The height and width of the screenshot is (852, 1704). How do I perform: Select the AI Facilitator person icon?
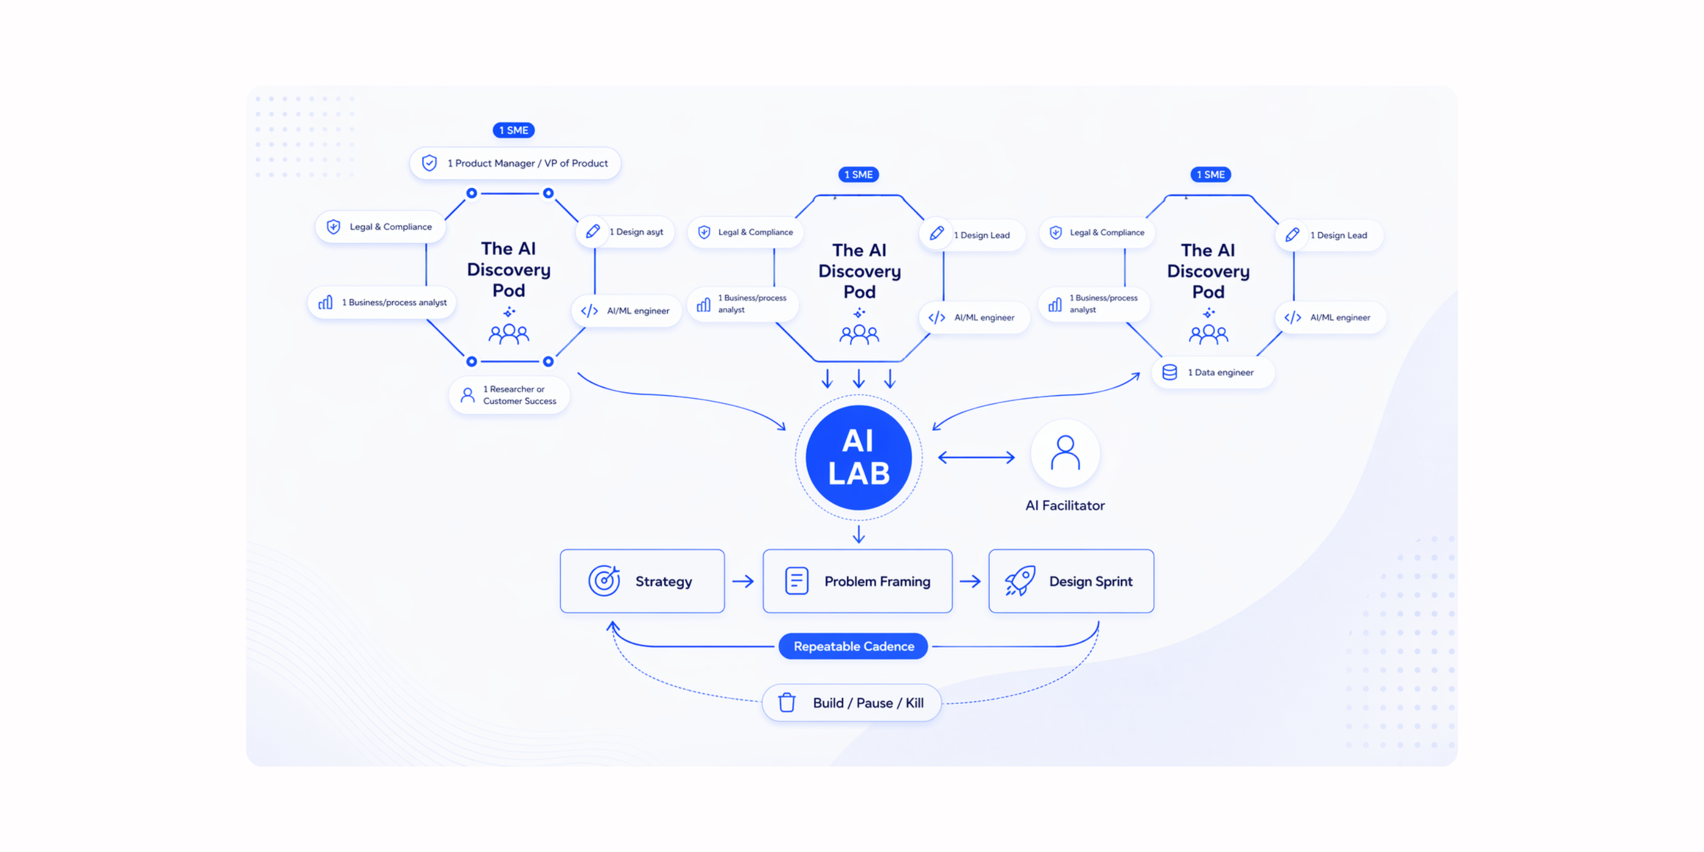click(x=1064, y=453)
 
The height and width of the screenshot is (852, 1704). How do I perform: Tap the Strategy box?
click(x=641, y=581)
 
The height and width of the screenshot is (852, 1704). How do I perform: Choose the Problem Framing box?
click(x=857, y=581)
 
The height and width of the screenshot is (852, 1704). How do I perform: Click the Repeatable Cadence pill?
click(x=853, y=645)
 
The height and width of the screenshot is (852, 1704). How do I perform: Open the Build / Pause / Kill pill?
click(x=851, y=702)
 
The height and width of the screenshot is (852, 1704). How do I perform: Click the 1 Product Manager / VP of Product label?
click(x=515, y=164)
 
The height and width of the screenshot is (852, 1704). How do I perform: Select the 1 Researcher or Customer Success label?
click(x=509, y=395)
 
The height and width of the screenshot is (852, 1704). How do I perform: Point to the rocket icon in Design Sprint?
click(x=1020, y=581)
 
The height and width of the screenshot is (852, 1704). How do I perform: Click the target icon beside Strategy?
click(x=604, y=581)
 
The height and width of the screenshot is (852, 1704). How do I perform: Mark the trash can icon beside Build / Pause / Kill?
click(x=787, y=702)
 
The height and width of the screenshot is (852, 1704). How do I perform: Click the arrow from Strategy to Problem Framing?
click(x=743, y=581)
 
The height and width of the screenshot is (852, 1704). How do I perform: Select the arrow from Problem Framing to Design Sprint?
click(x=970, y=581)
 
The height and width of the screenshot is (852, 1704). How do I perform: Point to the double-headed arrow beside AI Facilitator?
click(x=976, y=457)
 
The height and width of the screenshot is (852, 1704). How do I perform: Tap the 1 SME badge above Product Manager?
click(x=513, y=130)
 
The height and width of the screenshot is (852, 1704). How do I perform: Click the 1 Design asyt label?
click(x=625, y=232)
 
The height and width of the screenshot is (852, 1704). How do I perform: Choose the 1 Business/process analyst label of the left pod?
click(x=382, y=302)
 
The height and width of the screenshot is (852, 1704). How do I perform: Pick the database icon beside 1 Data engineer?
click(x=1169, y=372)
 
